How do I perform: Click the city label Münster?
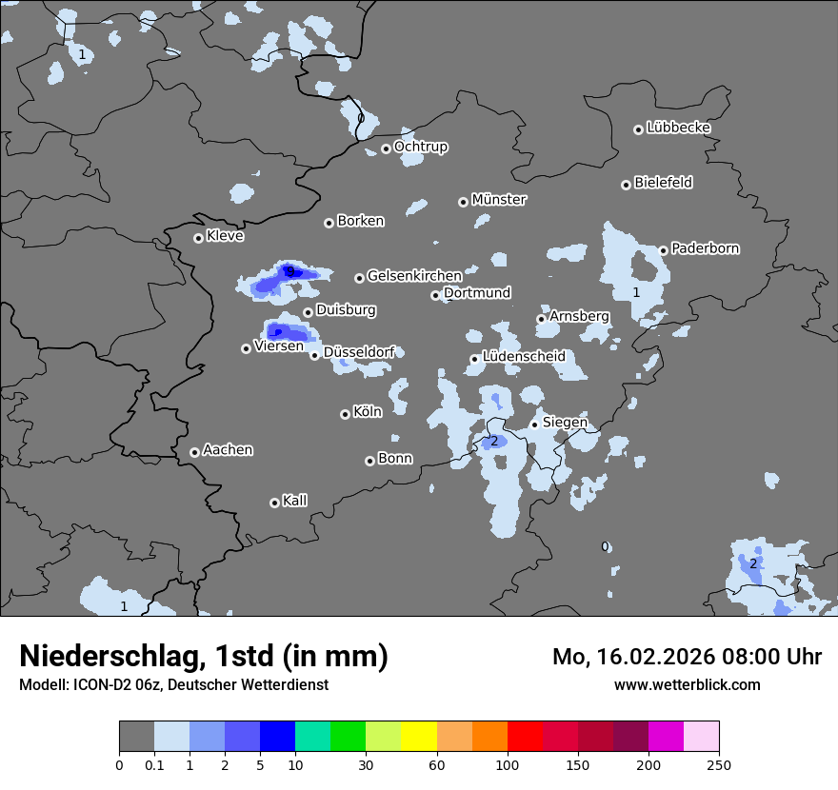click(x=499, y=200)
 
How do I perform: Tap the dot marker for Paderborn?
click(x=664, y=250)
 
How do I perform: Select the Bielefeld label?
click(x=663, y=183)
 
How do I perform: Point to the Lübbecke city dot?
click(x=638, y=129)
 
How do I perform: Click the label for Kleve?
click(x=225, y=236)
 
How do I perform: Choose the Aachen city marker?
click(x=194, y=452)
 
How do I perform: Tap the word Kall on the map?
click(x=295, y=501)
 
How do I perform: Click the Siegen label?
click(x=565, y=423)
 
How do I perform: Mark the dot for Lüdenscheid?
click(x=474, y=359)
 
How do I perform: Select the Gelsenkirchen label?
click(x=414, y=276)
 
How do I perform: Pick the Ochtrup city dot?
click(x=386, y=148)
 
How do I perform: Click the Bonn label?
click(x=395, y=459)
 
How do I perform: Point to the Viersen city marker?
click(x=246, y=348)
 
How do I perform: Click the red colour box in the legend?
click(x=525, y=737)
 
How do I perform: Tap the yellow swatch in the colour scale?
click(x=419, y=737)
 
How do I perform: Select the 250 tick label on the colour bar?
click(x=719, y=764)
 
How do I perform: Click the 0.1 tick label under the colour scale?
click(x=154, y=764)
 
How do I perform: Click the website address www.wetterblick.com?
click(x=687, y=684)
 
